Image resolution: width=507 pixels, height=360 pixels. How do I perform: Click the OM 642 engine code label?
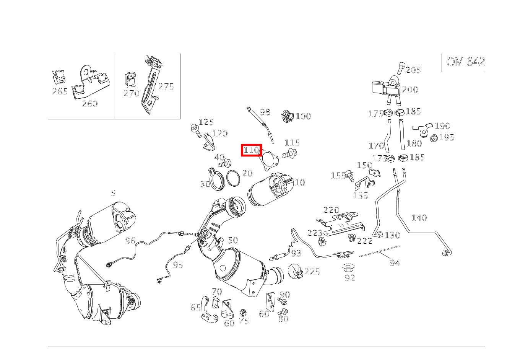click(x=465, y=62)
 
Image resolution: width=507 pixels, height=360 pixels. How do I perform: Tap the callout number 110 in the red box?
click(x=251, y=150)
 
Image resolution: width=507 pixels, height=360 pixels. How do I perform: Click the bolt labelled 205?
click(x=401, y=68)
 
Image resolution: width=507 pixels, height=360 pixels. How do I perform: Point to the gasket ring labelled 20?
click(x=233, y=178)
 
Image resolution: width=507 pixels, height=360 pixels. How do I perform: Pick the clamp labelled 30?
click(x=216, y=179)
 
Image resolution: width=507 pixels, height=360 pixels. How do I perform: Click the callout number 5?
click(x=113, y=193)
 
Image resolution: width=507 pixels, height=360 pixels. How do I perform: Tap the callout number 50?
click(x=233, y=240)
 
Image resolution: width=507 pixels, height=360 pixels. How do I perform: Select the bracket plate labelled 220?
click(x=340, y=224)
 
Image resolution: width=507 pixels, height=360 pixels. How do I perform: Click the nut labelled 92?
click(x=349, y=268)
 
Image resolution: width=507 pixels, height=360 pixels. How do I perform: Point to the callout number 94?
click(x=395, y=263)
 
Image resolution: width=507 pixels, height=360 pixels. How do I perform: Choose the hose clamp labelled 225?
click(x=296, y=271)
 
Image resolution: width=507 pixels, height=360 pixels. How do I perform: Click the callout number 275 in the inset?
click(x=166, y=86)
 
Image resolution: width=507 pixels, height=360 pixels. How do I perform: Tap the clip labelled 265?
click(x=58, y=77)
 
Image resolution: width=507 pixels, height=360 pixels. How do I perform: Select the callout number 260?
click(x=90, y=104)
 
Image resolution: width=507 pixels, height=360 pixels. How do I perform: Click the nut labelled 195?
click(x=434, y=138)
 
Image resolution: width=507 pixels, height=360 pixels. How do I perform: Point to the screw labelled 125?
click(x=196, y=130)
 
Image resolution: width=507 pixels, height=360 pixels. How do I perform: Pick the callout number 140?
click(x=419, y=218)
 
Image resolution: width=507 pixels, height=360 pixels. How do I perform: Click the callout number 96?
click(x=130, y=241)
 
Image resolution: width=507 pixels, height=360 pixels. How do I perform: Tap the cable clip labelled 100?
click(x=288, y=116)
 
